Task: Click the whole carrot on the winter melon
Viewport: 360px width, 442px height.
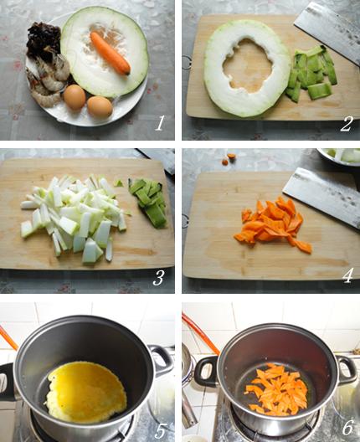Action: (111, 53)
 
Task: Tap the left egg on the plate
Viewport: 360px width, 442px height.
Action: (75, 97)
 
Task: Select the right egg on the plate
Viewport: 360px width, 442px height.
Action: (100, 107)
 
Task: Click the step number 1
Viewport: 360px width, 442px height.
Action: (160, 123)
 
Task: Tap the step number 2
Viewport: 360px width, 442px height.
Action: (347, 124)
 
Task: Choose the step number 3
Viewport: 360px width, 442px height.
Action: (158, 277)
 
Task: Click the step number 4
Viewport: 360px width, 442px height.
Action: (347, 275)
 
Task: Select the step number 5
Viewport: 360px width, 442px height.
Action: (160, 430)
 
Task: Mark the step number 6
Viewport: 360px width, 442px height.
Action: (347, 428)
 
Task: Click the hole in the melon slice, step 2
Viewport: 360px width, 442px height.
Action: (248, 65)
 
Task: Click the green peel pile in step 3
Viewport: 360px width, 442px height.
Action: (147, 202)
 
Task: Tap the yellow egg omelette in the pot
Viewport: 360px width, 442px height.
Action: (86, 391)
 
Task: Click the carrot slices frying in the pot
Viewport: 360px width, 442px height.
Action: (275, 389)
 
